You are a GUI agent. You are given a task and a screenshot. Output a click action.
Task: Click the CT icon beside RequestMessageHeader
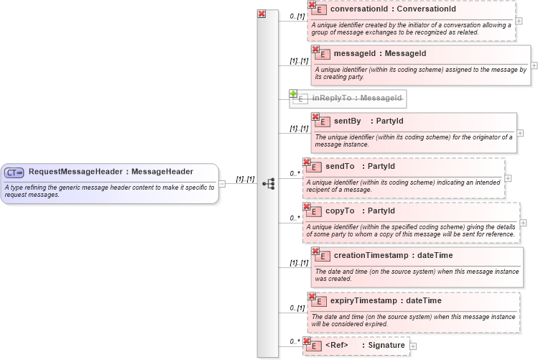point(14,172)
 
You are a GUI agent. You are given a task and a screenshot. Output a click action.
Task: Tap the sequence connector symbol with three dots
point(269,184)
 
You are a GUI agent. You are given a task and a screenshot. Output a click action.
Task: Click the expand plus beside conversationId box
point(519,20)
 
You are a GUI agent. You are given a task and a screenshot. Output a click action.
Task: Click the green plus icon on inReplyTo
point(293,93)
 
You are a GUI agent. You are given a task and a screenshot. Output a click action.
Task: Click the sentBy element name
point(348,121)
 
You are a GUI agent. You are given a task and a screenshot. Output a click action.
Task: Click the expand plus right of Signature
point(413,346)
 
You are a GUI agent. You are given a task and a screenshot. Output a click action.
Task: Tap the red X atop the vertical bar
point(261,14)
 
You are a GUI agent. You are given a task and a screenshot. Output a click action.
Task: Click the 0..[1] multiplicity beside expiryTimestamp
point(297,308)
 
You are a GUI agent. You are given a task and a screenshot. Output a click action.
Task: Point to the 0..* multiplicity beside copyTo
point(294,217)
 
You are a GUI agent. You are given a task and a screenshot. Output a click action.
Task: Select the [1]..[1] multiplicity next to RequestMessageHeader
point(245,179)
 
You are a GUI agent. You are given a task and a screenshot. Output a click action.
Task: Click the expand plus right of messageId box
point(534,65)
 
